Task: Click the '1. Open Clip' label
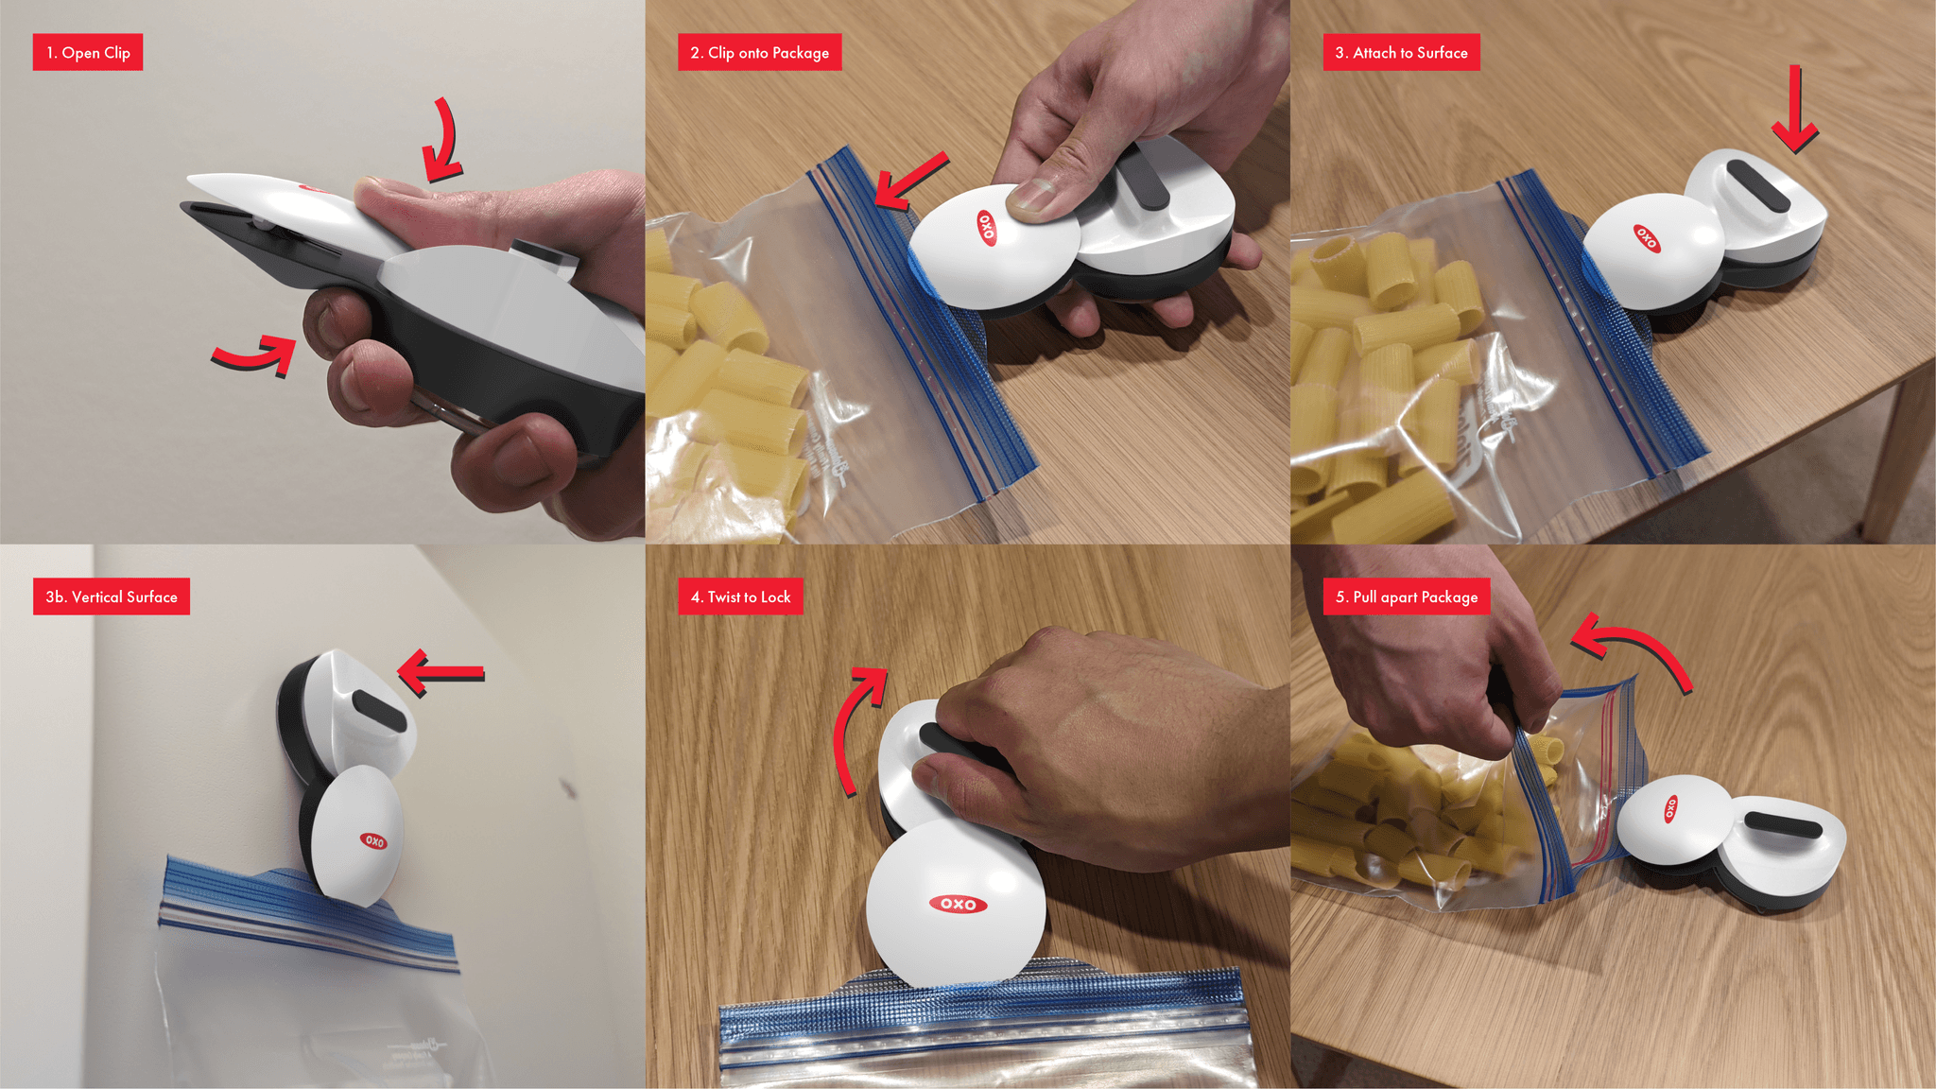coord(88,53)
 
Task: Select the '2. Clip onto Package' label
coord(759,53)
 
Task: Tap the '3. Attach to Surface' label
coord(1401,53)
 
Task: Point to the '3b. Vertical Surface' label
coord(112,596)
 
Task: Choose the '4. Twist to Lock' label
coord(740,596)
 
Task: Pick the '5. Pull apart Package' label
coord(1406,596)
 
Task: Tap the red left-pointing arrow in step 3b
coord(441,673)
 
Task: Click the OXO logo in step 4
coord(959,905)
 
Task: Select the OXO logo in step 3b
coord(373,840)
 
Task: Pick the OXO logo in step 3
coord(1646,237)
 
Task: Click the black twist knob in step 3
coord(1757,185)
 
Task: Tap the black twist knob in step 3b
coord(378,711)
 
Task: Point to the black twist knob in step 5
coord(1782,824)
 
